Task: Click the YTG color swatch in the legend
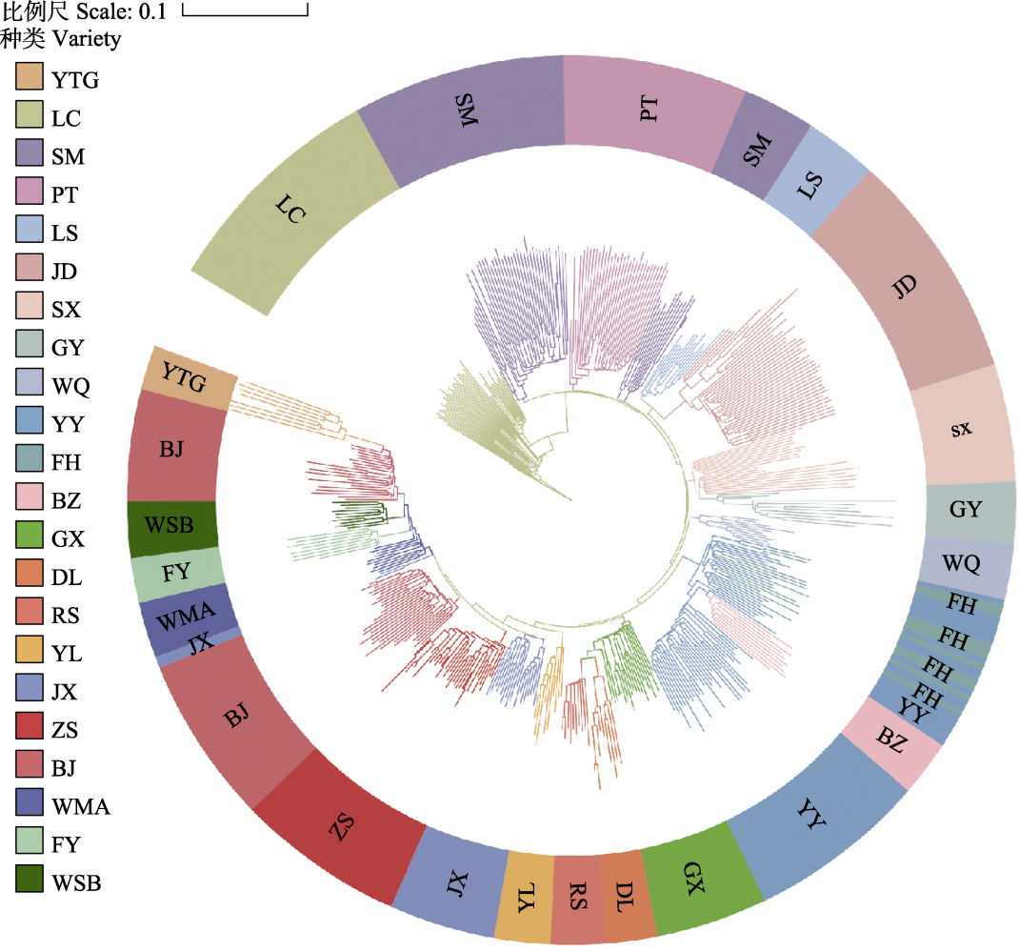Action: [30, 78]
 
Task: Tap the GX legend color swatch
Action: [30, 537]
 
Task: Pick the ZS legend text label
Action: [66, 731]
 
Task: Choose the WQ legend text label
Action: [71, 387]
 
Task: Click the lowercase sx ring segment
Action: [962, 429]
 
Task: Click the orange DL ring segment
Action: [627, 896]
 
